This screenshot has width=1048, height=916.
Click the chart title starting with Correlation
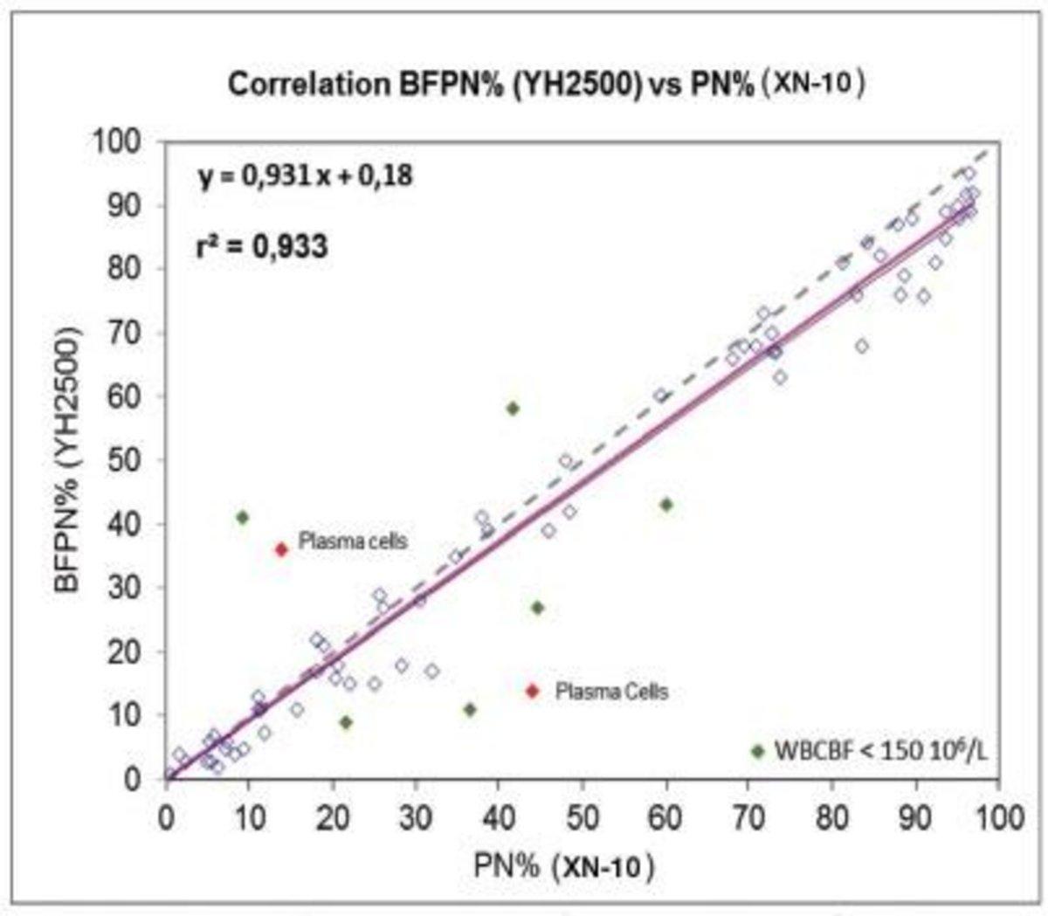click(547, 85)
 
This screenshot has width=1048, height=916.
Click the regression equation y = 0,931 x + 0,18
click(303, 176)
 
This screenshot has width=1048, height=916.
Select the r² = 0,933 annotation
click(261, 247)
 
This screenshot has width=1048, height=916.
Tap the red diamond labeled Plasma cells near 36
click(281, 549)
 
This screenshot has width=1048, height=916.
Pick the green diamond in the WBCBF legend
click(757, 751)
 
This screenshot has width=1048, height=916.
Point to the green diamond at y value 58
click(513, 408)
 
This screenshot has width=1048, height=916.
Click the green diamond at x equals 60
click(666, 505)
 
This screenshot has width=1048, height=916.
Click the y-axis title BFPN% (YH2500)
click(72, 460)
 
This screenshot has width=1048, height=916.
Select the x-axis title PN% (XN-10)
click(563, 866)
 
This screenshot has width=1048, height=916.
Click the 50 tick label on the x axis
click(583, 817)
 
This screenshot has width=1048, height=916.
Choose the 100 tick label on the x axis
click(999, 817)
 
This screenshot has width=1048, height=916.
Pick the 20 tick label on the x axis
click(332, 817)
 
